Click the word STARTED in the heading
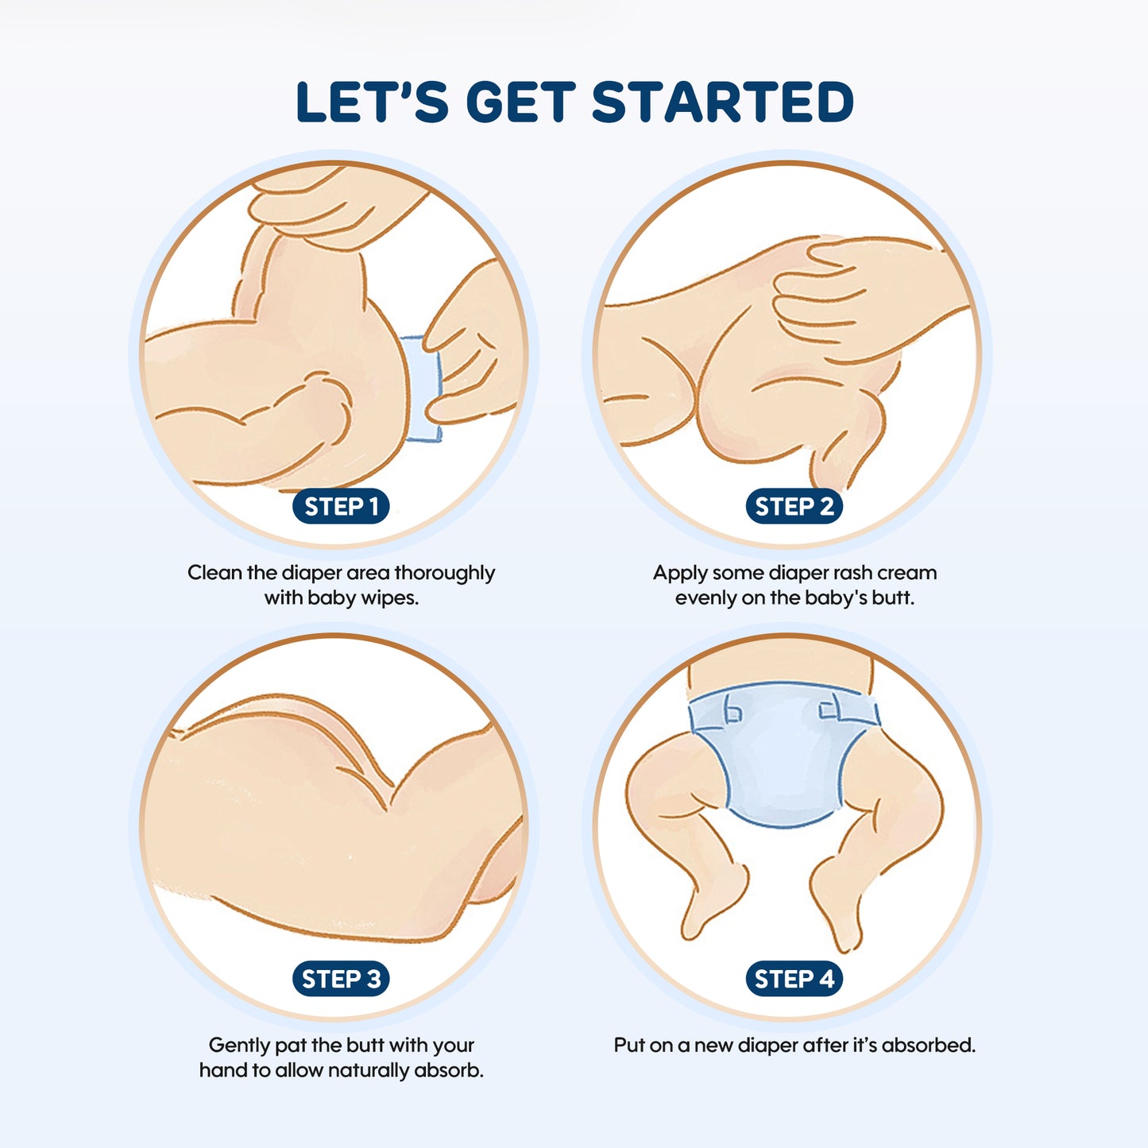click(x=723, y=102)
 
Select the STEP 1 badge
click(x=341, y=507)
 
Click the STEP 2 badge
click(x=794, y=507)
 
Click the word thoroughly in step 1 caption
click(x=444, y=573)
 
